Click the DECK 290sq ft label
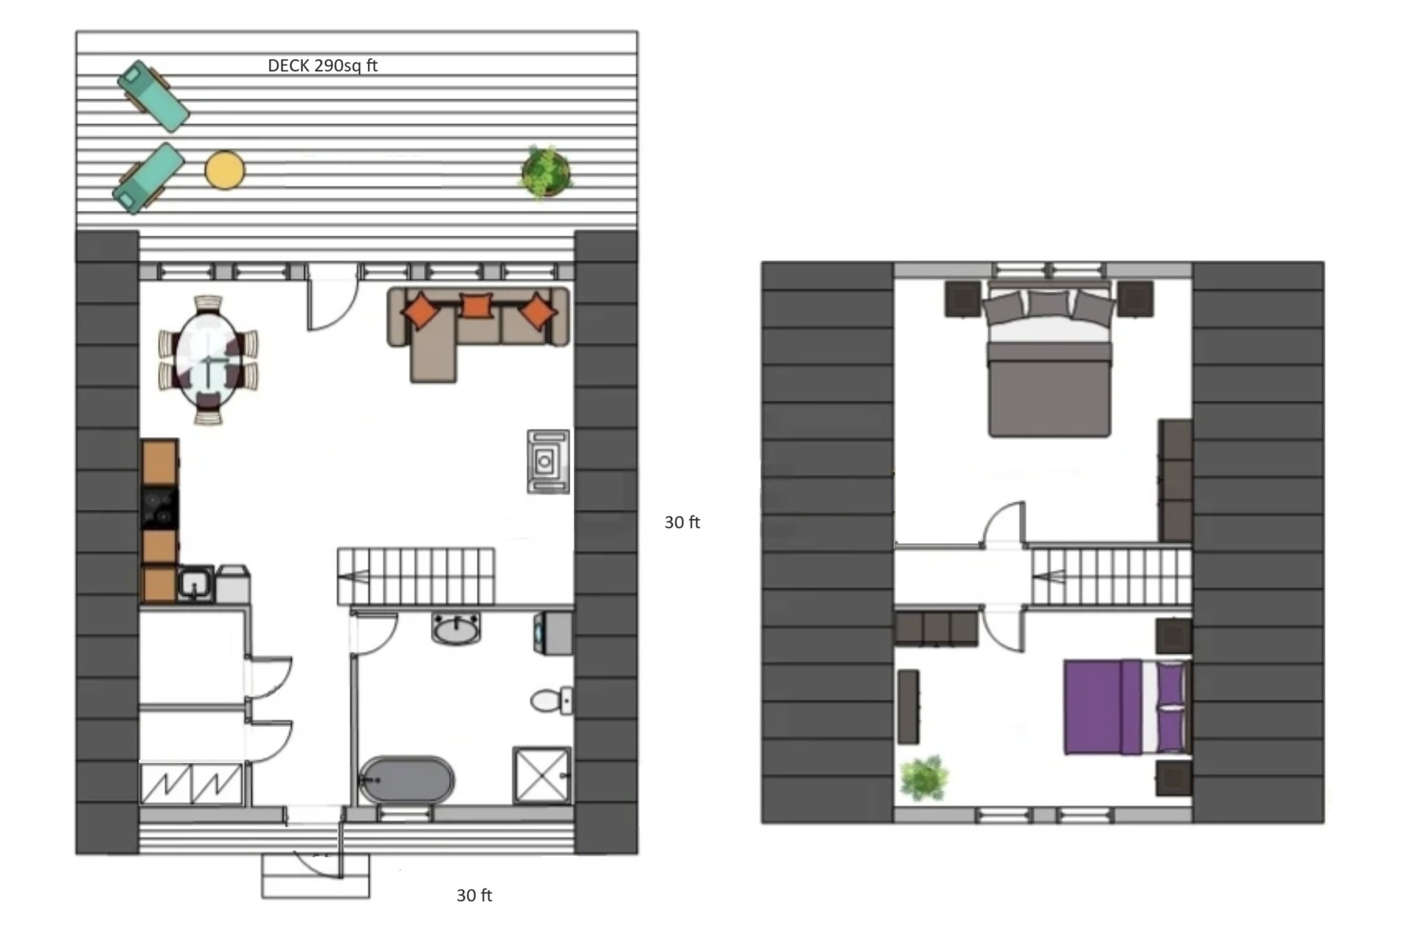(x=322, y=66)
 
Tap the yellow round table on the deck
(x=224, y=170)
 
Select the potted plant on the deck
(x=546, y=173)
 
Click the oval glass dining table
(x=209, y=359)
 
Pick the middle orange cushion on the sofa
(x=476, y=305)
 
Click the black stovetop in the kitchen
(x=159, y=509)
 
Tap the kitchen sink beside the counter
(x=195, y=583)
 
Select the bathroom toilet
(x=552, y=700)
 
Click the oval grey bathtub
(x=406, y=779)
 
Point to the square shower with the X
(x=542, y=775)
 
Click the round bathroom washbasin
(x=457, y=629)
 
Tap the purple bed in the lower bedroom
(x=1125, y=707)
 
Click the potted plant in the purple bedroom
(x=924, y=778)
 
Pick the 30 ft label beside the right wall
(x=682, y=523)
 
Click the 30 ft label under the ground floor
(x=474, y=895)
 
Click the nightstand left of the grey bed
(x=962, y=299)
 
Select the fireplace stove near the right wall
(x=548, y=462)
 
